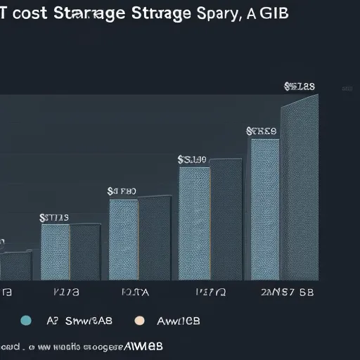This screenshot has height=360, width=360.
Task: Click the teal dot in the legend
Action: point(27,321)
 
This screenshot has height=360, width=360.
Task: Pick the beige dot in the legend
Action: point(139,321)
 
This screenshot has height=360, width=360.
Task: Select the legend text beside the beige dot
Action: point(177,321)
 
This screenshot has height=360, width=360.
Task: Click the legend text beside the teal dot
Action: point(79,321)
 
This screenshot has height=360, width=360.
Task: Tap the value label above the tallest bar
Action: point(299,87)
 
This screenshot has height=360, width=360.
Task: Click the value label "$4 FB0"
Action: point(122,191)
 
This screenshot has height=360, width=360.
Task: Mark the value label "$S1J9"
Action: point(191,160)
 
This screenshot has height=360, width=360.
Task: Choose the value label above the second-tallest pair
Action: point(262,131)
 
